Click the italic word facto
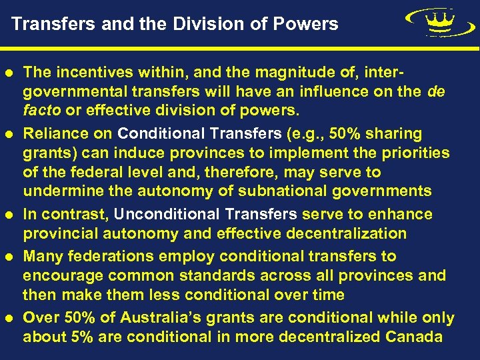tap(41, 109)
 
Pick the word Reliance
tap(52, 133)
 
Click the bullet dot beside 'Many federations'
tap(13, 257)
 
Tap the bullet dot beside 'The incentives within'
tap(13, 72)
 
